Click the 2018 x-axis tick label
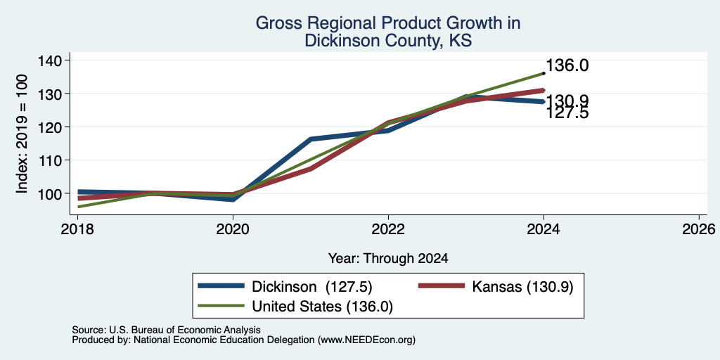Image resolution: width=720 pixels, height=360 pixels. click(x=77, y=229)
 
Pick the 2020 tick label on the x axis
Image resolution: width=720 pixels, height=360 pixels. click(x=233, y=229)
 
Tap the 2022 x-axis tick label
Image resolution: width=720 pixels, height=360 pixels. click(x=388, y=229)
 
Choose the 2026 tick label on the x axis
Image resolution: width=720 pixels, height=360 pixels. click(x=699, y=229)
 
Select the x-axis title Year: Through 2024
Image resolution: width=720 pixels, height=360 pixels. click(x=388, y=259)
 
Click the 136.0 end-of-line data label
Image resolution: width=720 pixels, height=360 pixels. click(x=567, y=65)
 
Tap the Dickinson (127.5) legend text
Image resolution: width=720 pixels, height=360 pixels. click(x=311, y=287)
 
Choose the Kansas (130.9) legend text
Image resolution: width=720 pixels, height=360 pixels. click(x=522, y=287)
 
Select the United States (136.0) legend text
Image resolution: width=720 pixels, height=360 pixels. click(x=322, y=307)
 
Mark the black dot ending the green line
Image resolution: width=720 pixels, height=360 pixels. click(x=544, y=73)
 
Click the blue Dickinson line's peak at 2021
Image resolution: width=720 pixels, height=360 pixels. click(x=311, y=139)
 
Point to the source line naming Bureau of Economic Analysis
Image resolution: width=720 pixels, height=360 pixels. click(x=166, y=330)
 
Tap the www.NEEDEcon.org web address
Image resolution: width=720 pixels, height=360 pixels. click(x=366, y=340)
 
